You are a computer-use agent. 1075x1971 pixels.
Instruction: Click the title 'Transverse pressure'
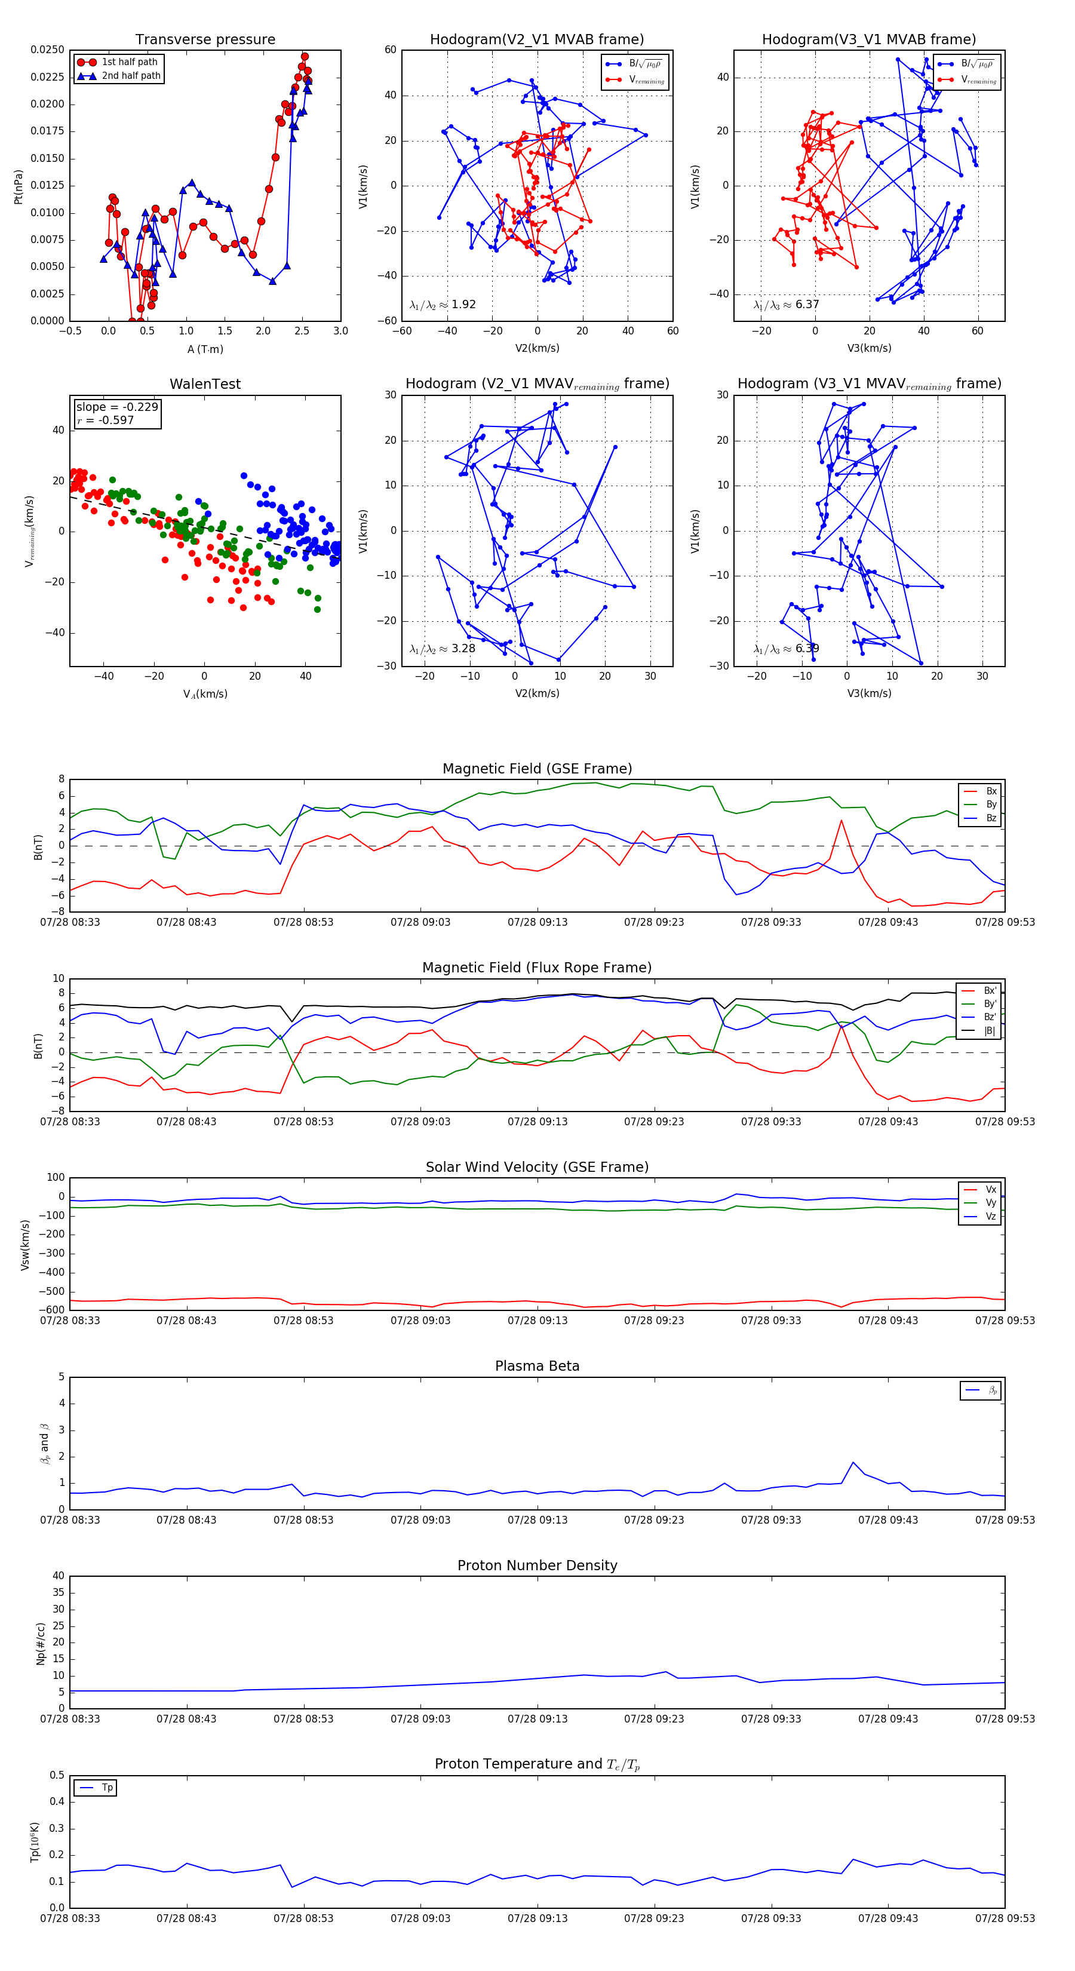tap(205, 40)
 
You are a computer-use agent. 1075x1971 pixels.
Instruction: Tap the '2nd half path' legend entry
tap(131, 76)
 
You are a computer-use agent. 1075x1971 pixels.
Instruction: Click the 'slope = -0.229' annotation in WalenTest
tap(117, 407)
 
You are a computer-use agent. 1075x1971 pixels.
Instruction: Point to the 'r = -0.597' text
tap(106, 420)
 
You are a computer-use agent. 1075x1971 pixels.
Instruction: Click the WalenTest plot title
tap(205, 384)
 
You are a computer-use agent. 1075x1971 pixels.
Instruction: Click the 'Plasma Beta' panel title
tap(537, 1366)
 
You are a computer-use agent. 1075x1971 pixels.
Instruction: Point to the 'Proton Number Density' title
tap(537, 1565)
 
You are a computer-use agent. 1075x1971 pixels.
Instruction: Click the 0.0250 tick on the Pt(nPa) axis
tap(47, 50)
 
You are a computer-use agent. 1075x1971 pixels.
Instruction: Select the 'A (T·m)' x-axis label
tap(205, 349)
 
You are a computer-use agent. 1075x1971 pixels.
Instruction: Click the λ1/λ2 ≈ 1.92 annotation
tap(442, 305)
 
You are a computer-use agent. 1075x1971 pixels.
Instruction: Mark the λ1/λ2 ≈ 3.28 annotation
tap(442, 649)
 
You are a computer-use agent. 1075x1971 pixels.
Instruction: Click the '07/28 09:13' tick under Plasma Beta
tap(537, 1519)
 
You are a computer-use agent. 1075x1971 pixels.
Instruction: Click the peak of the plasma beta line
tap(853, 1462)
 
